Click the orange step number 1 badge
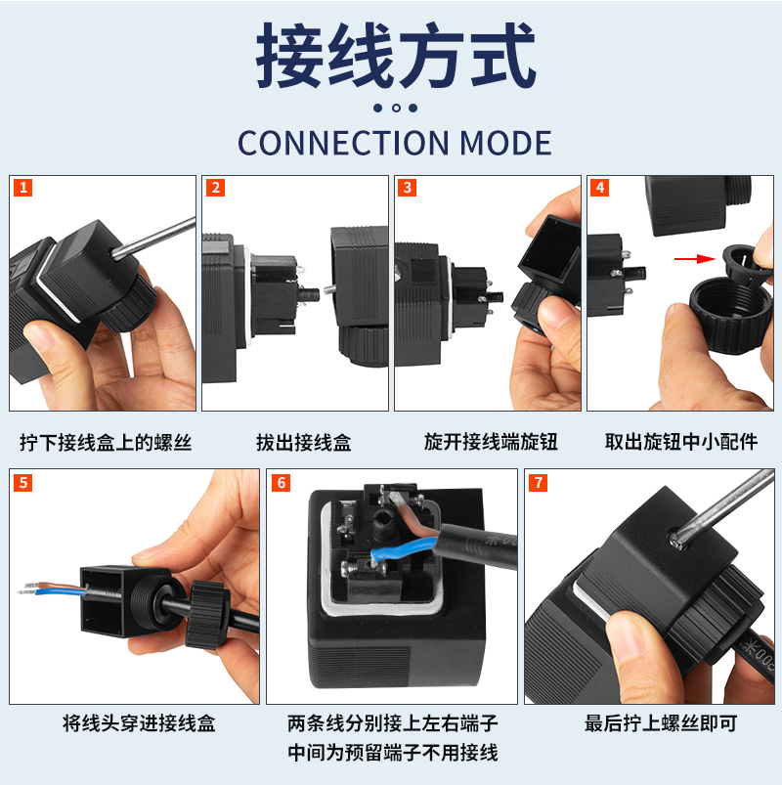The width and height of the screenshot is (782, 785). click(23, 188)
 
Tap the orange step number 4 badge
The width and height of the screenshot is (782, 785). click(600, 188)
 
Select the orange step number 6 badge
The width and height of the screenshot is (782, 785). click(281, 483)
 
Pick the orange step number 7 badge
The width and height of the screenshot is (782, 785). click(539, 483)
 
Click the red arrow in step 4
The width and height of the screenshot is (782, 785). click(695, 259)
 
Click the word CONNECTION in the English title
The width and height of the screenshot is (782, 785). click(343, 143)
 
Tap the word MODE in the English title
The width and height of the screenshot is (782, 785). click(505, 143)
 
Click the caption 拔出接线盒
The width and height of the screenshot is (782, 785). click(304, 443)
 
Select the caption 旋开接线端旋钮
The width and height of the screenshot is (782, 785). click(491, 442)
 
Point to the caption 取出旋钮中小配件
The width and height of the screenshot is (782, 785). click(681, 442)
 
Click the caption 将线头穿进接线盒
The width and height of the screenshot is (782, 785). click(139, 723)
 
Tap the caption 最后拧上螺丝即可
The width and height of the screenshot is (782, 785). click(662, 723)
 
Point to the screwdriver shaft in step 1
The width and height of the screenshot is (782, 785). click(153, 238)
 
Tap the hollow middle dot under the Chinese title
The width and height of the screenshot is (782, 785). click(396, 108)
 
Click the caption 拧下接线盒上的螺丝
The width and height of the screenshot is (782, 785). click(106, 443)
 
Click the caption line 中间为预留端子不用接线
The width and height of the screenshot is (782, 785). click(393, 753)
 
